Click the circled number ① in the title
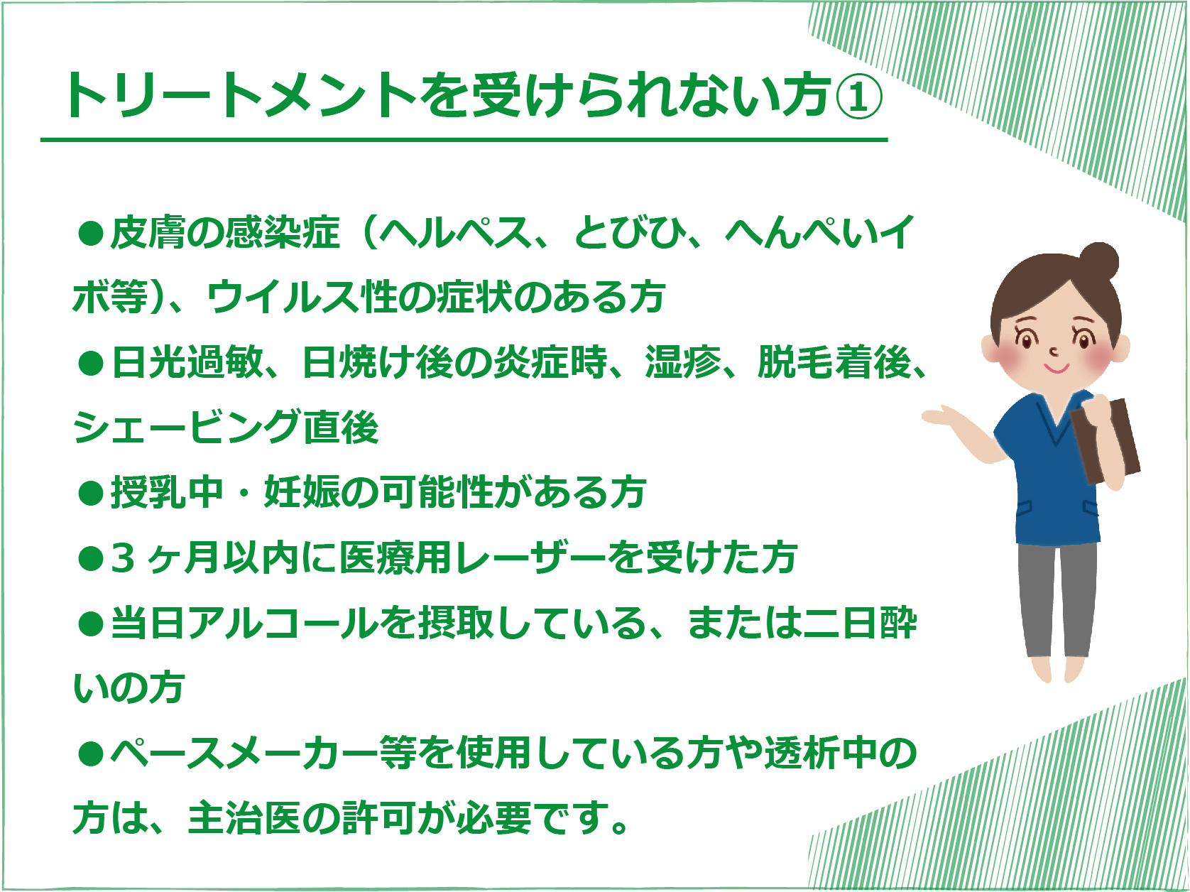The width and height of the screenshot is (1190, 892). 858,96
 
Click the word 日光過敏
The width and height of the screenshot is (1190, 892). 187,362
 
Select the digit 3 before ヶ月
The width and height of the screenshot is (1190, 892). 123,558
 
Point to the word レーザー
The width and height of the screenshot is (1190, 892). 531,557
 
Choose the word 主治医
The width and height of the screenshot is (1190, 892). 244,818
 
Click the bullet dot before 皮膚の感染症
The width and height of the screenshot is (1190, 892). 91,233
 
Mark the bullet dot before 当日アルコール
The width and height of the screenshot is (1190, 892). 91,624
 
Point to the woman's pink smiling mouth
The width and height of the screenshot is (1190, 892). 1057,369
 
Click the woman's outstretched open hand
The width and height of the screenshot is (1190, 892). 944,416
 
